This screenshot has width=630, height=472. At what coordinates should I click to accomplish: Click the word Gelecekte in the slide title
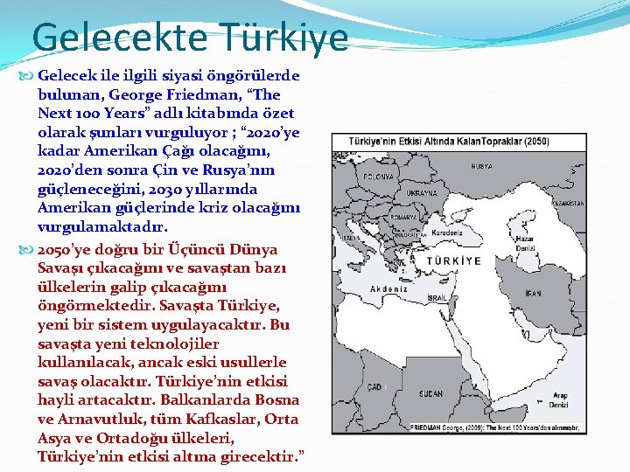tap(119, 38)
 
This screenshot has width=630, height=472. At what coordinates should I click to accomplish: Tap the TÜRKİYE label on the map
tap(454, 260)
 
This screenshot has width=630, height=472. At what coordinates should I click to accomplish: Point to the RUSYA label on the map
tap(480, 166)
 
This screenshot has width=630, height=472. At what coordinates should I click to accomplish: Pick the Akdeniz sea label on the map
tap(390, 288)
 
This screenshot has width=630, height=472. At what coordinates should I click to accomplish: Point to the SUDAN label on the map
tap(431, 394)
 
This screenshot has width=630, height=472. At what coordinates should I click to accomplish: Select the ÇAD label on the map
tap(374, 386)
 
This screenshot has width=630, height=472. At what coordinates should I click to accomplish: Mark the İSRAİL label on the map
tap(437, 298)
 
